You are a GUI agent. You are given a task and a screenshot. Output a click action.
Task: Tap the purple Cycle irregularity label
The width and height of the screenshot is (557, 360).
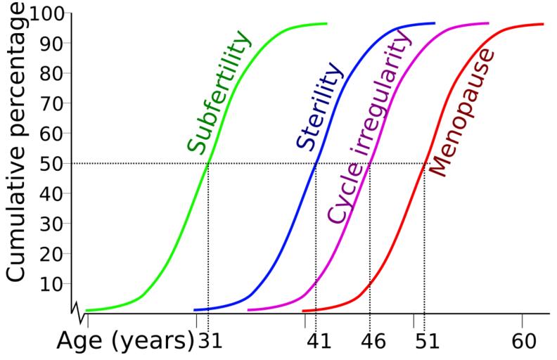369,130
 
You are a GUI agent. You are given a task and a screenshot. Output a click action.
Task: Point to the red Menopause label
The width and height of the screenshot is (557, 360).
462,112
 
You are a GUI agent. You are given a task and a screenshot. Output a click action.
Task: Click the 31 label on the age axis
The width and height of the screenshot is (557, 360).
210,342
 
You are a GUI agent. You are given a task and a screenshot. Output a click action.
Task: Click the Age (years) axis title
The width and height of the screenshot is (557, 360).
125,342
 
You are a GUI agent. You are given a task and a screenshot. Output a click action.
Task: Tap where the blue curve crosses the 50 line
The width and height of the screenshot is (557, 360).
315,163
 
